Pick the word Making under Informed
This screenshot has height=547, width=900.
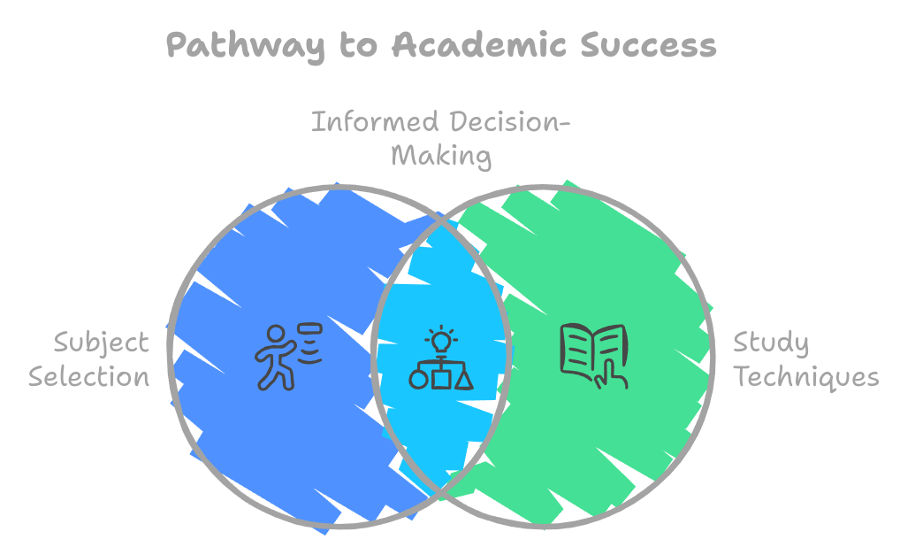pos(440,156)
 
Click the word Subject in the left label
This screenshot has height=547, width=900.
pos(101,343)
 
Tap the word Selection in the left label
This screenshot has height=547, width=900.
pos(89,377)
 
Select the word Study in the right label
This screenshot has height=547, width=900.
pos(771,343)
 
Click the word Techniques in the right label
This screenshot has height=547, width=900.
pos(807,377)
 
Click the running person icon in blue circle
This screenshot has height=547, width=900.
pos(278,357)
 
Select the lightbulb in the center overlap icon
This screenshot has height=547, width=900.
pos(440,338)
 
